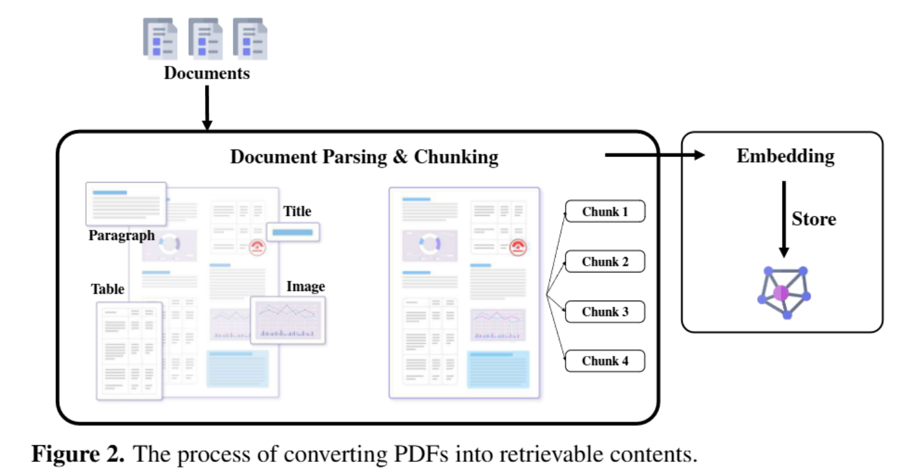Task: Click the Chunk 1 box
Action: [x=605, y=212]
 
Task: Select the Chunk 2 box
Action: [x=605, y=261]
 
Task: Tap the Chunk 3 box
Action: [x=605, y=312]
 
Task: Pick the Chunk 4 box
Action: [x=605, y=361]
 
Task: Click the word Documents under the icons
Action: [x=207, y=73]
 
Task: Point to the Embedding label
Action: [x=785, y=156]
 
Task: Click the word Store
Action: [x=814, y=219]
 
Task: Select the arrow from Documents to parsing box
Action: [x=207, y=108]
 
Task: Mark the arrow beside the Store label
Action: [x=783, y=219]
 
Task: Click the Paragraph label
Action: [x=121, y=236]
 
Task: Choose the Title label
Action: [x=297, y=212]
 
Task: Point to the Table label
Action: [x=108, y=289]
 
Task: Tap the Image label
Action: [x=305, y=287]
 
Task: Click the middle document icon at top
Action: [x=206, y=39]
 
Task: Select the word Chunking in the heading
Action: [x=456, y=157]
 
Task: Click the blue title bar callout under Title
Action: [x=293, y=232]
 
